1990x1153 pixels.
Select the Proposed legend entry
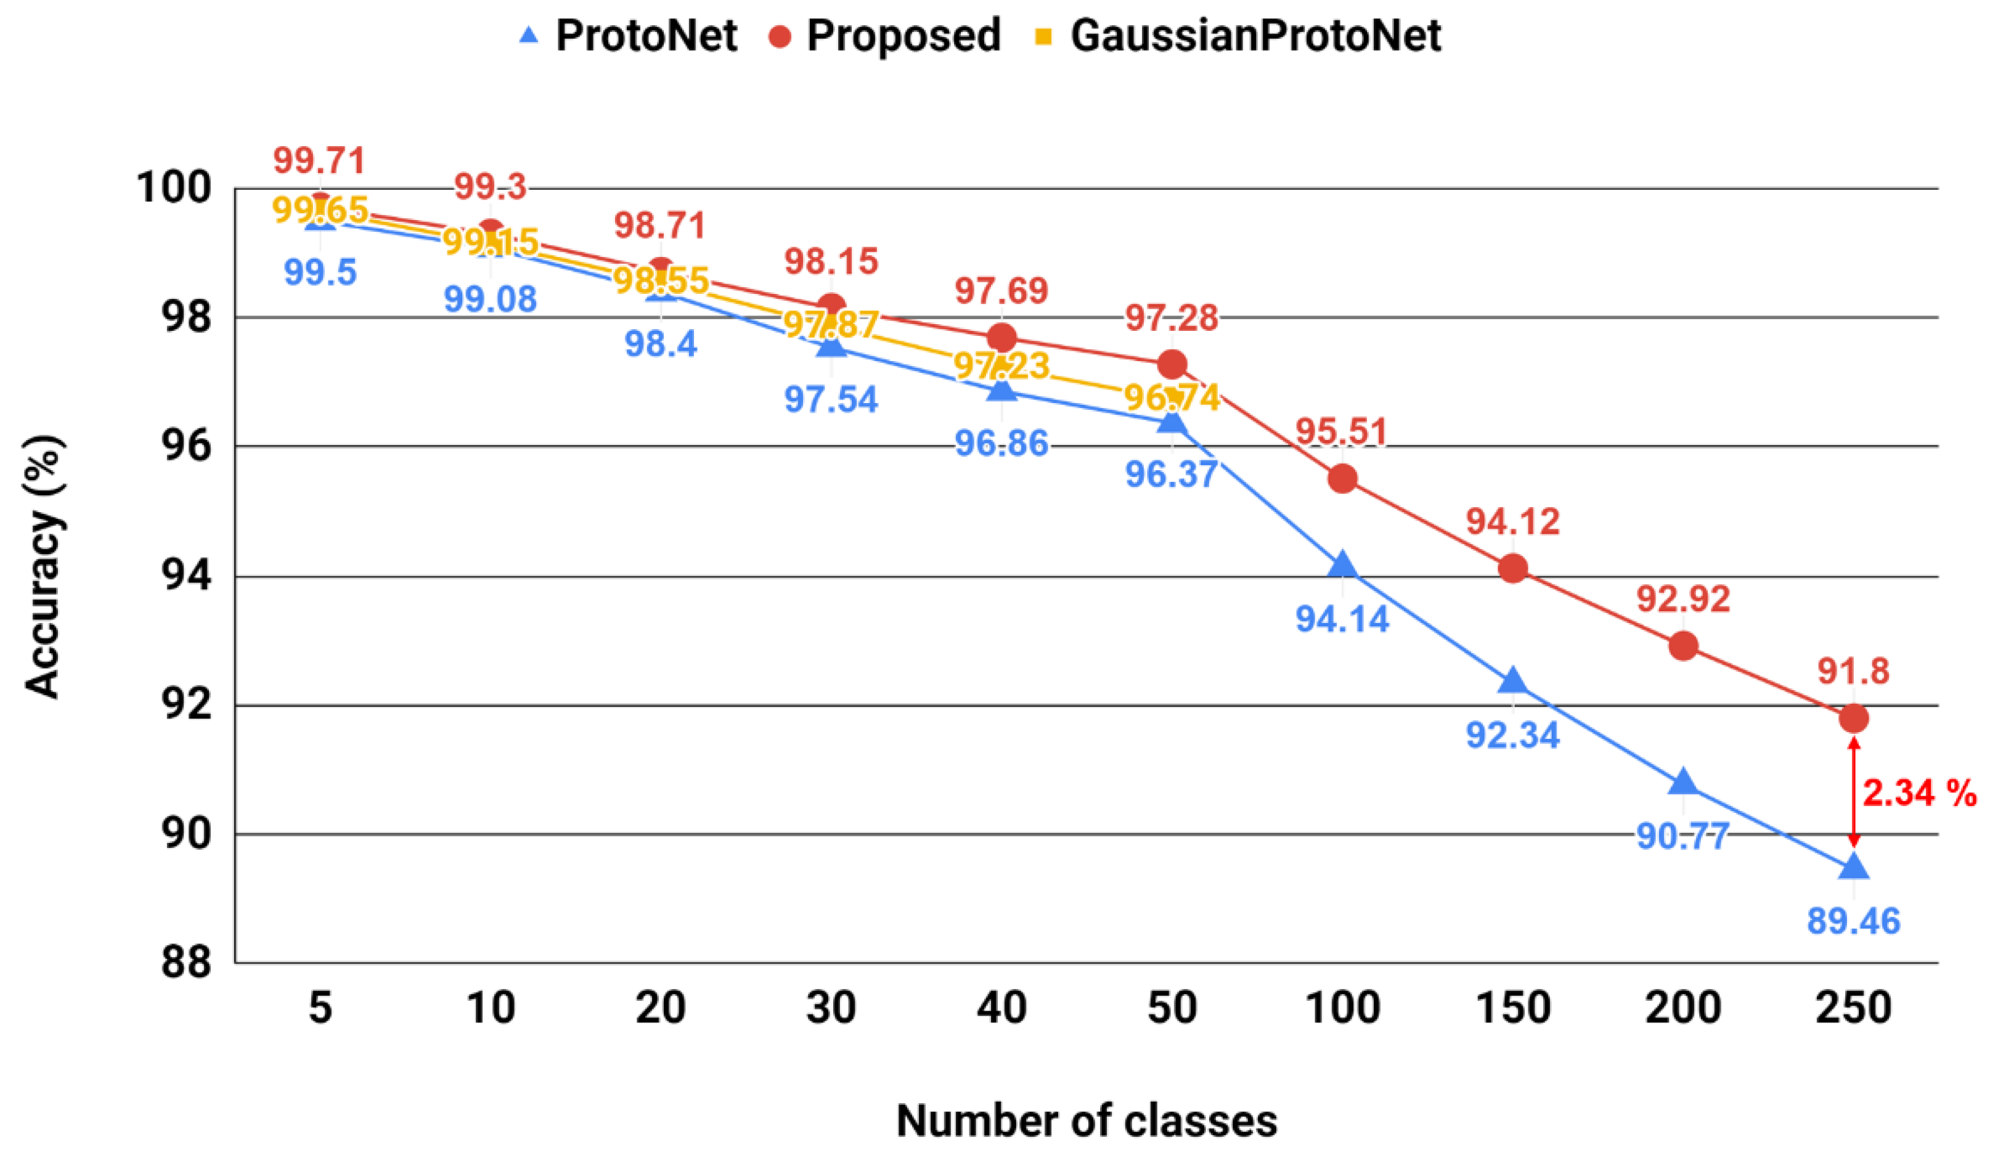pyautogui.click(x=884, y=36)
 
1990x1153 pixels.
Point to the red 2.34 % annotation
pyautogui.click(x=1919, y=793)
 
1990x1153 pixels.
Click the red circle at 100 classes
pyautogui.click(x=1342, y=479)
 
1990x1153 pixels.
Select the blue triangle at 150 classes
pyautogui.click(x=1513, y=681)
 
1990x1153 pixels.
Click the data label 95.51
pyautogui.click(x=1342, y=433)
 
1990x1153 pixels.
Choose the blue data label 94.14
pyautogui.click(x=1342, y=619)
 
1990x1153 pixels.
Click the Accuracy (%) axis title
pyautogui.click(x=43, y=567)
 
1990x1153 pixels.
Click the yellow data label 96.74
pyautogui.click(x=1172, y=398)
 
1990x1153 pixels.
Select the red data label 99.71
pyautogui.click(x=320, y=161)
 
